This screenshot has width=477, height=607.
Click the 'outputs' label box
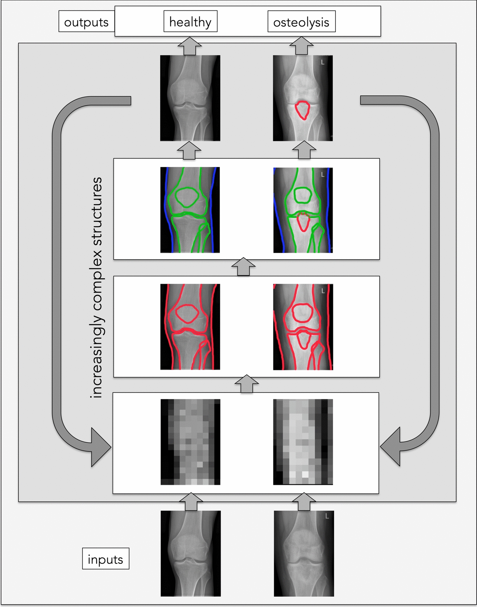[x=86, y=22]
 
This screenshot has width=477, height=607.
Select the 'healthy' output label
[x=190, y=22]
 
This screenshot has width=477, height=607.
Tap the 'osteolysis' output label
[x=301, y=22]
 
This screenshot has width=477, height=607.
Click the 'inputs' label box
[x=106, y=559]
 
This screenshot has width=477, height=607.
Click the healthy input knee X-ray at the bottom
[x=190, y=553]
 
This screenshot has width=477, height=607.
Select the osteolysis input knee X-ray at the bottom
[x=304, y=553]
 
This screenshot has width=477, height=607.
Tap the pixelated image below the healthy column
[x=190, y=442]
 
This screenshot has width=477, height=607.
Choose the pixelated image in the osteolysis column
[x=303, y=442]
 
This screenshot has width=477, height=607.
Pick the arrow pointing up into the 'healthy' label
[x=190, y=46]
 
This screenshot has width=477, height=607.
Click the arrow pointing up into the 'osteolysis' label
[x=302, y=46]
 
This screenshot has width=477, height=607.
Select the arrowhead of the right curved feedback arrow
[x=390, y=447]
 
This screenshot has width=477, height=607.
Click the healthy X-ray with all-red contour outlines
[x=190, y=327]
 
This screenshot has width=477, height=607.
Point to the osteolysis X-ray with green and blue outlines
[x=303, y=210]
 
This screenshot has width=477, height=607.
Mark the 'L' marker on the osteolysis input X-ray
[x=327, y=516]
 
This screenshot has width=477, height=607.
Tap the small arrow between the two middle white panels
[x=244, y=267]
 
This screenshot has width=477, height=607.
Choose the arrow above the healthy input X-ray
[x=191, y=501]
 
